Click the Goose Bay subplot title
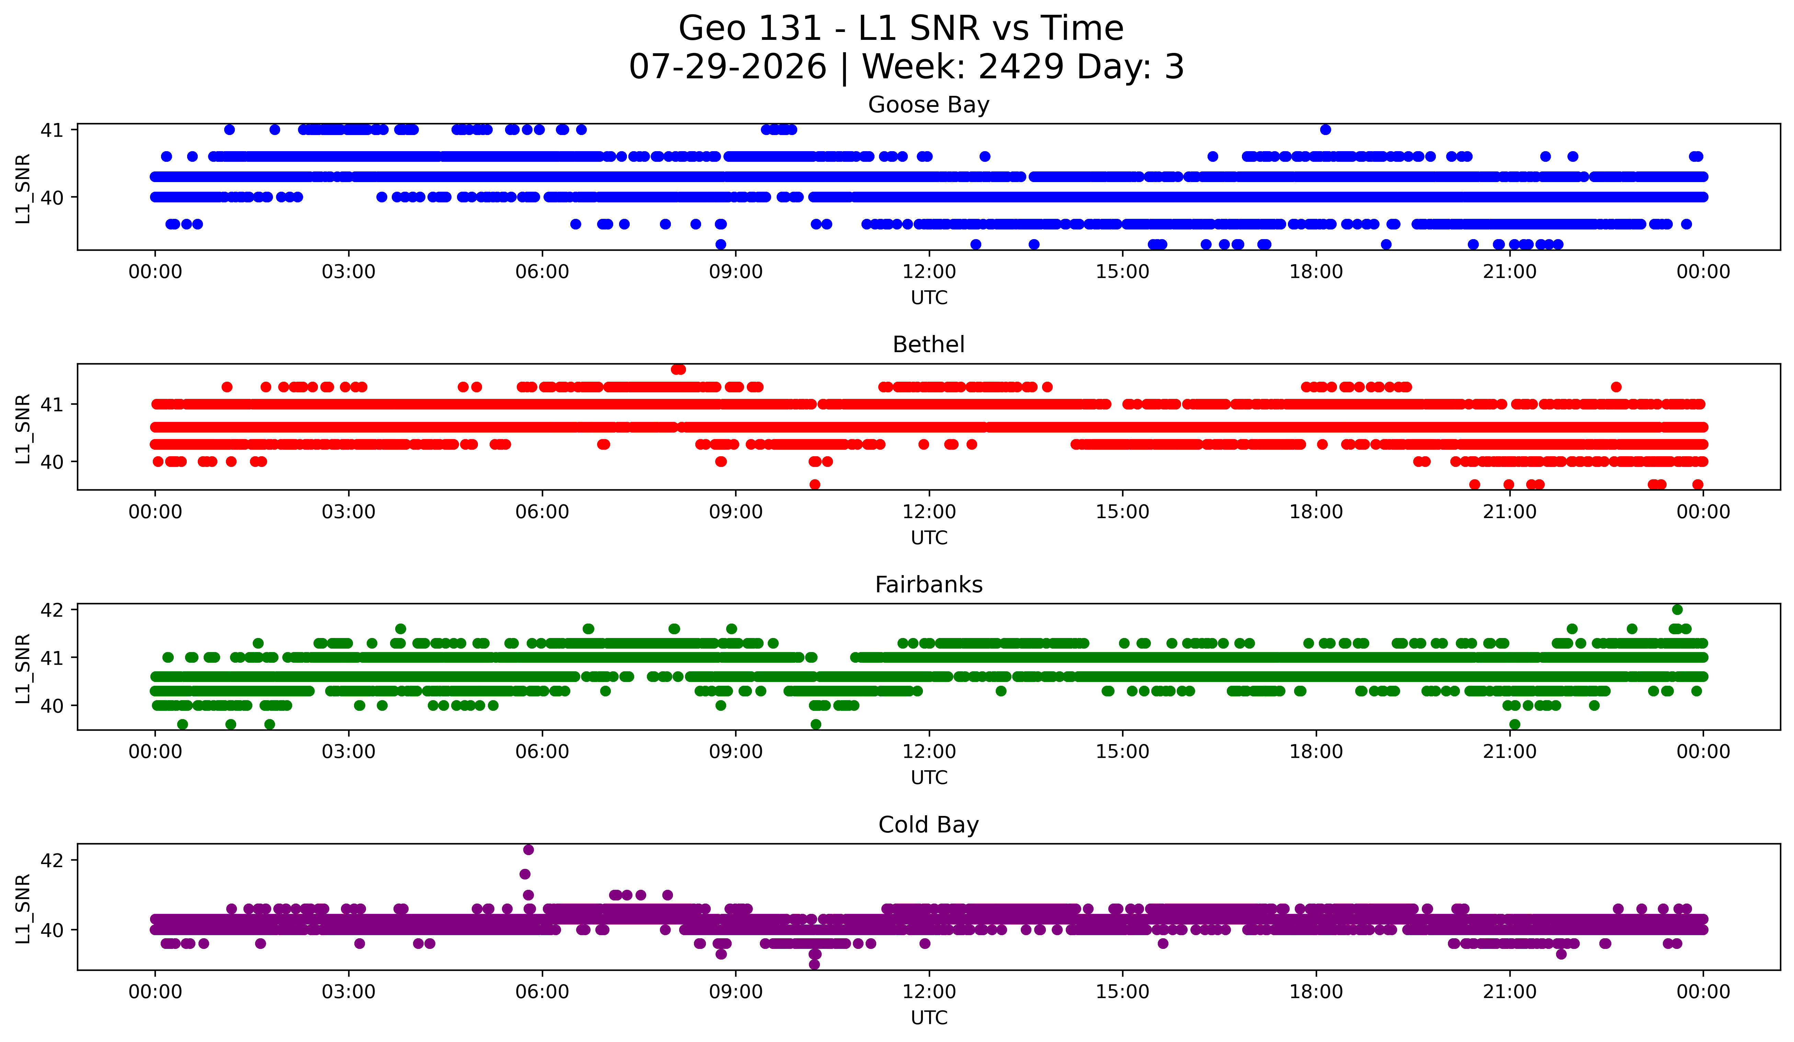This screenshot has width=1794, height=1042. [x=928, y=105]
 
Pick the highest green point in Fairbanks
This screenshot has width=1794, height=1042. [x=1677, y=610]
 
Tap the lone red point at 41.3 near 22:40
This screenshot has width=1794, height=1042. [x=1616, y=388]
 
